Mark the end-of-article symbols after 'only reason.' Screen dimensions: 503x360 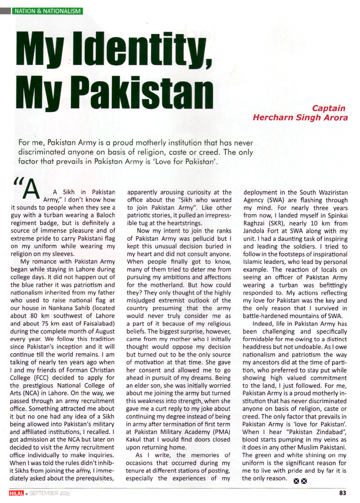coord(300,481)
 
